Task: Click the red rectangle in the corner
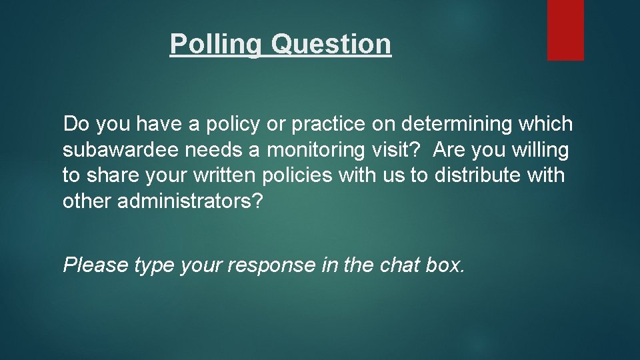pos(565,30)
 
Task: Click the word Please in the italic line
pos(95,265)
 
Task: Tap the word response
pos(272,265)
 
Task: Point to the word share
pos(106,176)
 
